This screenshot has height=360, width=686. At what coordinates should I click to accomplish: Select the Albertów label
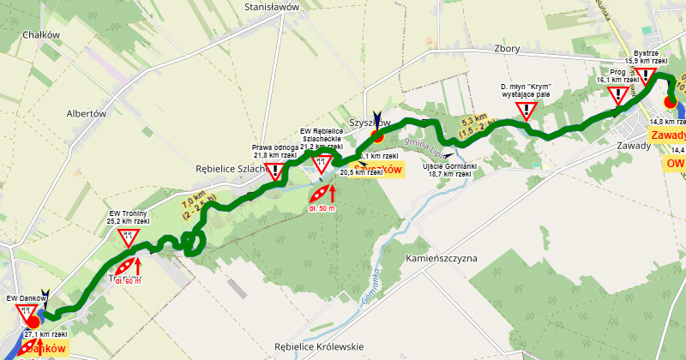pyautogui.click(x=86, y=113)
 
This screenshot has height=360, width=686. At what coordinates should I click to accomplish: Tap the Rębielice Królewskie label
pyautogui.click(x=319, y=346)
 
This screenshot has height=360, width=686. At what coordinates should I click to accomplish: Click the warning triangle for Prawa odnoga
pyautogui.click(x=274, y=171)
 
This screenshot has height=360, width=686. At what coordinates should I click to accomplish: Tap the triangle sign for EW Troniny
pyautogui.click(x=129, y=237)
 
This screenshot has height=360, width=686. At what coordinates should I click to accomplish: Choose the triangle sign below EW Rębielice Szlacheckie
pyautogui.click(x=322, y=164)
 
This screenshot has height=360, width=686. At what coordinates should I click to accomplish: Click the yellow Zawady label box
pyautogui.click(x=668, y=135)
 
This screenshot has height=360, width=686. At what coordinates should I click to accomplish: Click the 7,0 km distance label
pyautogui.click(x=193, y=208)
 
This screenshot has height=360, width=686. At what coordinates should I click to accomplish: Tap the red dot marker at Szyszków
pyautogui.click(x=376, y=135)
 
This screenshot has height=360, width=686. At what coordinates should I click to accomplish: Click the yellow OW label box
pyautogui.click(x=674, y=163)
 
